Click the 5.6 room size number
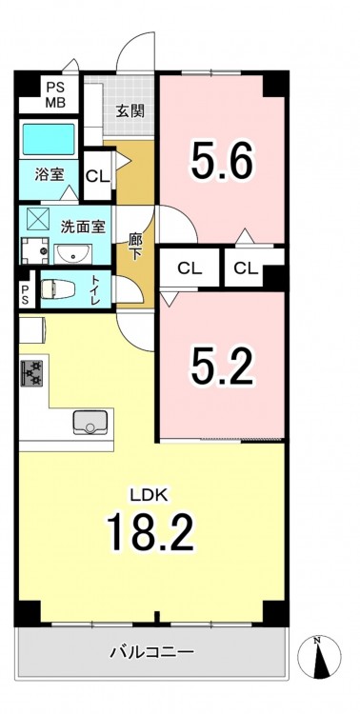pyautogui.click(x=222, y=160)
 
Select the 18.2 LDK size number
pyautogui.click(x=150, y=531)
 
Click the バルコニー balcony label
pyautogui.click(x=152, y=652)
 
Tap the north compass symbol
pyautogui.click(x=319, y=658)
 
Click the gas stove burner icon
pyautogui.click(x=31, y=373)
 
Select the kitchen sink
pyautogui.click(x=90, y=422)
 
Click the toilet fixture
pyautogui.click(x=57, y=289)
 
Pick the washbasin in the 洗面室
pyautogui.click(x=73, y=254)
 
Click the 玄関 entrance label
pyautogui.click(x=130, y=111)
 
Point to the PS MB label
pyautogui.click(x=55, y=94)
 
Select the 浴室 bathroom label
pyautogui.click(x=50, y=175)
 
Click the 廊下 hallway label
pyautogui.click(x=134, y=247)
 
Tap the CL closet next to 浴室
pyautogui.click(x=98, y=176)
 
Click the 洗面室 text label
pyautogui.click(x=84, y=226)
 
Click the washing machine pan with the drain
pyautogui.click(x=37, y=250)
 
